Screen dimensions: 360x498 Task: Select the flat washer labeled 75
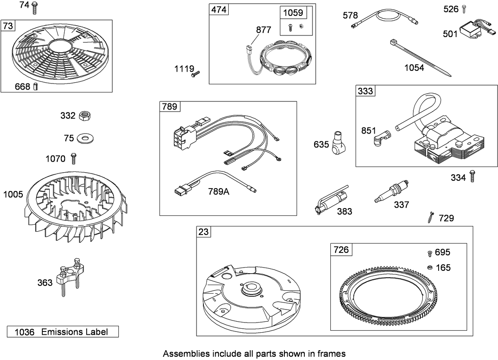click(x=85, y=138)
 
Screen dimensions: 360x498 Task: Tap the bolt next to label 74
click(x=35, y=6)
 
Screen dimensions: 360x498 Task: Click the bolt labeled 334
click(x=472, y=177)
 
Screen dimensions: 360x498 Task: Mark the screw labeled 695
click(x=429, y=253)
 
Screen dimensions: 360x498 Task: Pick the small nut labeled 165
click(x=429, y=267)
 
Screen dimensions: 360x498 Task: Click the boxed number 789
click(x=169, y=107)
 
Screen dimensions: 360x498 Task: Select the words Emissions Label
click(x=74, y=332)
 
